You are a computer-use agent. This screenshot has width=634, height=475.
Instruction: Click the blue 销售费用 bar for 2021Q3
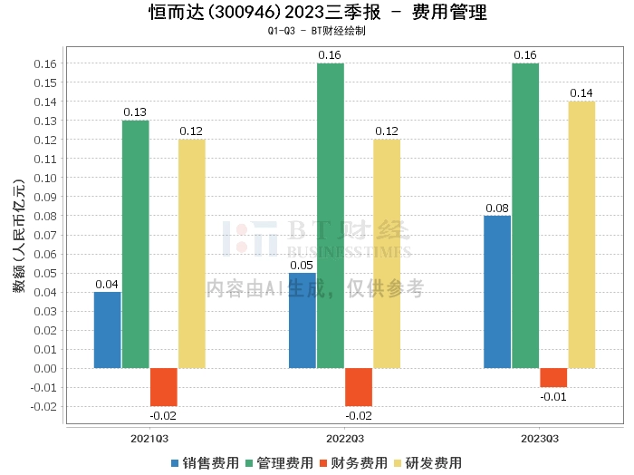click(x=107, y=330)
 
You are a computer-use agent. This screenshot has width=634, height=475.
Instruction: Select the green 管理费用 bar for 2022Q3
click(x=331, y=216)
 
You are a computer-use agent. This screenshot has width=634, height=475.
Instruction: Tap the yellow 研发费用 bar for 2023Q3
click(x=581, y=235)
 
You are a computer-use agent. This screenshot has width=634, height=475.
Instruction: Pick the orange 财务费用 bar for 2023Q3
click(x=553, y=377)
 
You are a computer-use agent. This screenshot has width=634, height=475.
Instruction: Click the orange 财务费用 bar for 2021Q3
click(x=164, y=387)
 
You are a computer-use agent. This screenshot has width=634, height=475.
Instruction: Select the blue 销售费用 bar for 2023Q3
click(x=497, y=292)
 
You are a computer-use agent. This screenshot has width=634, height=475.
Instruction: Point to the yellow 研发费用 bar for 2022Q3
click(x=387, y=254)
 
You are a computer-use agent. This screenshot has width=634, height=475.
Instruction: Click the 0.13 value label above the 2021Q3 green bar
click(x=135, y=112)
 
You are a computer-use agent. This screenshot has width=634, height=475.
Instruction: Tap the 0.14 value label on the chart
click(x=581, y=93)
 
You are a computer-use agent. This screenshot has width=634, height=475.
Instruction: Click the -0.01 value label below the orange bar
click(x=553, y=397)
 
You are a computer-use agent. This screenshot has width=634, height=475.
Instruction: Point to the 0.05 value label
click(x=302, y=266)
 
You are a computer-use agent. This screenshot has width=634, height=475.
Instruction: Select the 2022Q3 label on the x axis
click(x=345, y=439)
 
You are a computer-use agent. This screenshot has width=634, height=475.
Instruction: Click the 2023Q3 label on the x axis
click(x=540, y=439)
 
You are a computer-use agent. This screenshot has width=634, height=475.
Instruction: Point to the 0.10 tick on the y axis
click(x=45, y=178)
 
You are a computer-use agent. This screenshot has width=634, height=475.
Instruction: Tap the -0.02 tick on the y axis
click(x=43, y=407)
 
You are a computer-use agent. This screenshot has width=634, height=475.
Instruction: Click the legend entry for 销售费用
click(x=205, y=463)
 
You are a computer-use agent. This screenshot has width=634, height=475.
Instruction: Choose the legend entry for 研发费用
click(x=427, y=463)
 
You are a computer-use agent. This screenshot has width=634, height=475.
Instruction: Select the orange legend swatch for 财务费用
click(x=323, y=463)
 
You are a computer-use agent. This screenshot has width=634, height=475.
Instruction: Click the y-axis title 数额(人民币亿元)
click(x=19, y=236)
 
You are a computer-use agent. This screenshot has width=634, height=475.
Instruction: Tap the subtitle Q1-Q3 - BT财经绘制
click(x=317, y=31)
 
